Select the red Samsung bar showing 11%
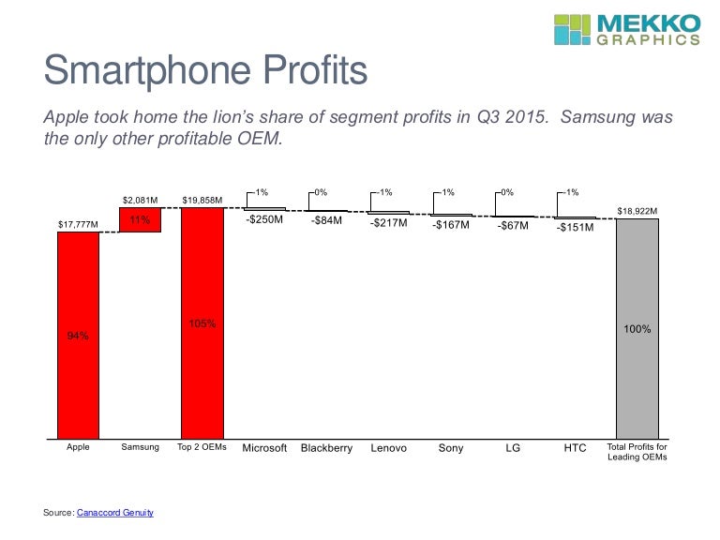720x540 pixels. [140, 219]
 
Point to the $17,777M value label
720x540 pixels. [78, 224]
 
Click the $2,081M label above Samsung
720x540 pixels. [140, 200]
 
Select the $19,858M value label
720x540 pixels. [202, 200]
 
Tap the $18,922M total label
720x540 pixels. [637, 212]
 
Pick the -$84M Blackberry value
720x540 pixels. [326, 222]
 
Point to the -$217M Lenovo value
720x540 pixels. [388, 223]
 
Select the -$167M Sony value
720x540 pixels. [451, 225]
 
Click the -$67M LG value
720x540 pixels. [513, 225]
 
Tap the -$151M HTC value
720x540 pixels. [575, 226]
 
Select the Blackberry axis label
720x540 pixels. [326, 448]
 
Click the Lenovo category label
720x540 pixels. [388, 448]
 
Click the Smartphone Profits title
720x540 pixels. [206, 71]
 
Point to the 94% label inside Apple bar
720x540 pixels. [78, 336]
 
